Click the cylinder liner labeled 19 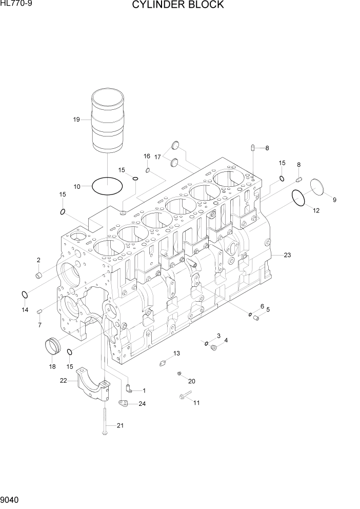pos(108,121)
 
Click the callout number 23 pos(287,254)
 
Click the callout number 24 pos(142,404)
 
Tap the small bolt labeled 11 pos(185,395)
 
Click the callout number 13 pos(176,353)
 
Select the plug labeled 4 pos(214,349)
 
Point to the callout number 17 pos(158,156)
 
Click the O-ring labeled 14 pos(24,295)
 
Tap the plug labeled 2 pos(38,277)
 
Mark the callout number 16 pos(147,156)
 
